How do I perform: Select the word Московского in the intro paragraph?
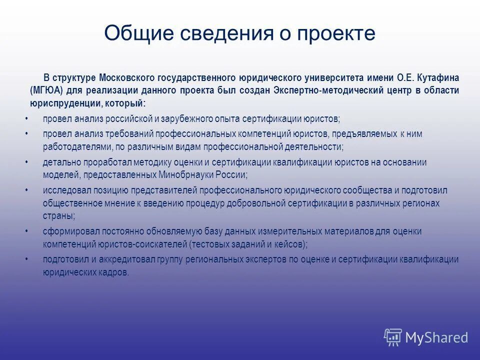[x=127, y=78]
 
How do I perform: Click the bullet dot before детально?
[x=26, y=162]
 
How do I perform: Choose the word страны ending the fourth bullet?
[x=58, y=216]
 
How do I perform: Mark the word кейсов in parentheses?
[x=289, y=244]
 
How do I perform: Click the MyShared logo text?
[x=436, y=338]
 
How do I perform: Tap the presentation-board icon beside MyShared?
[x=393, y=337]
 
